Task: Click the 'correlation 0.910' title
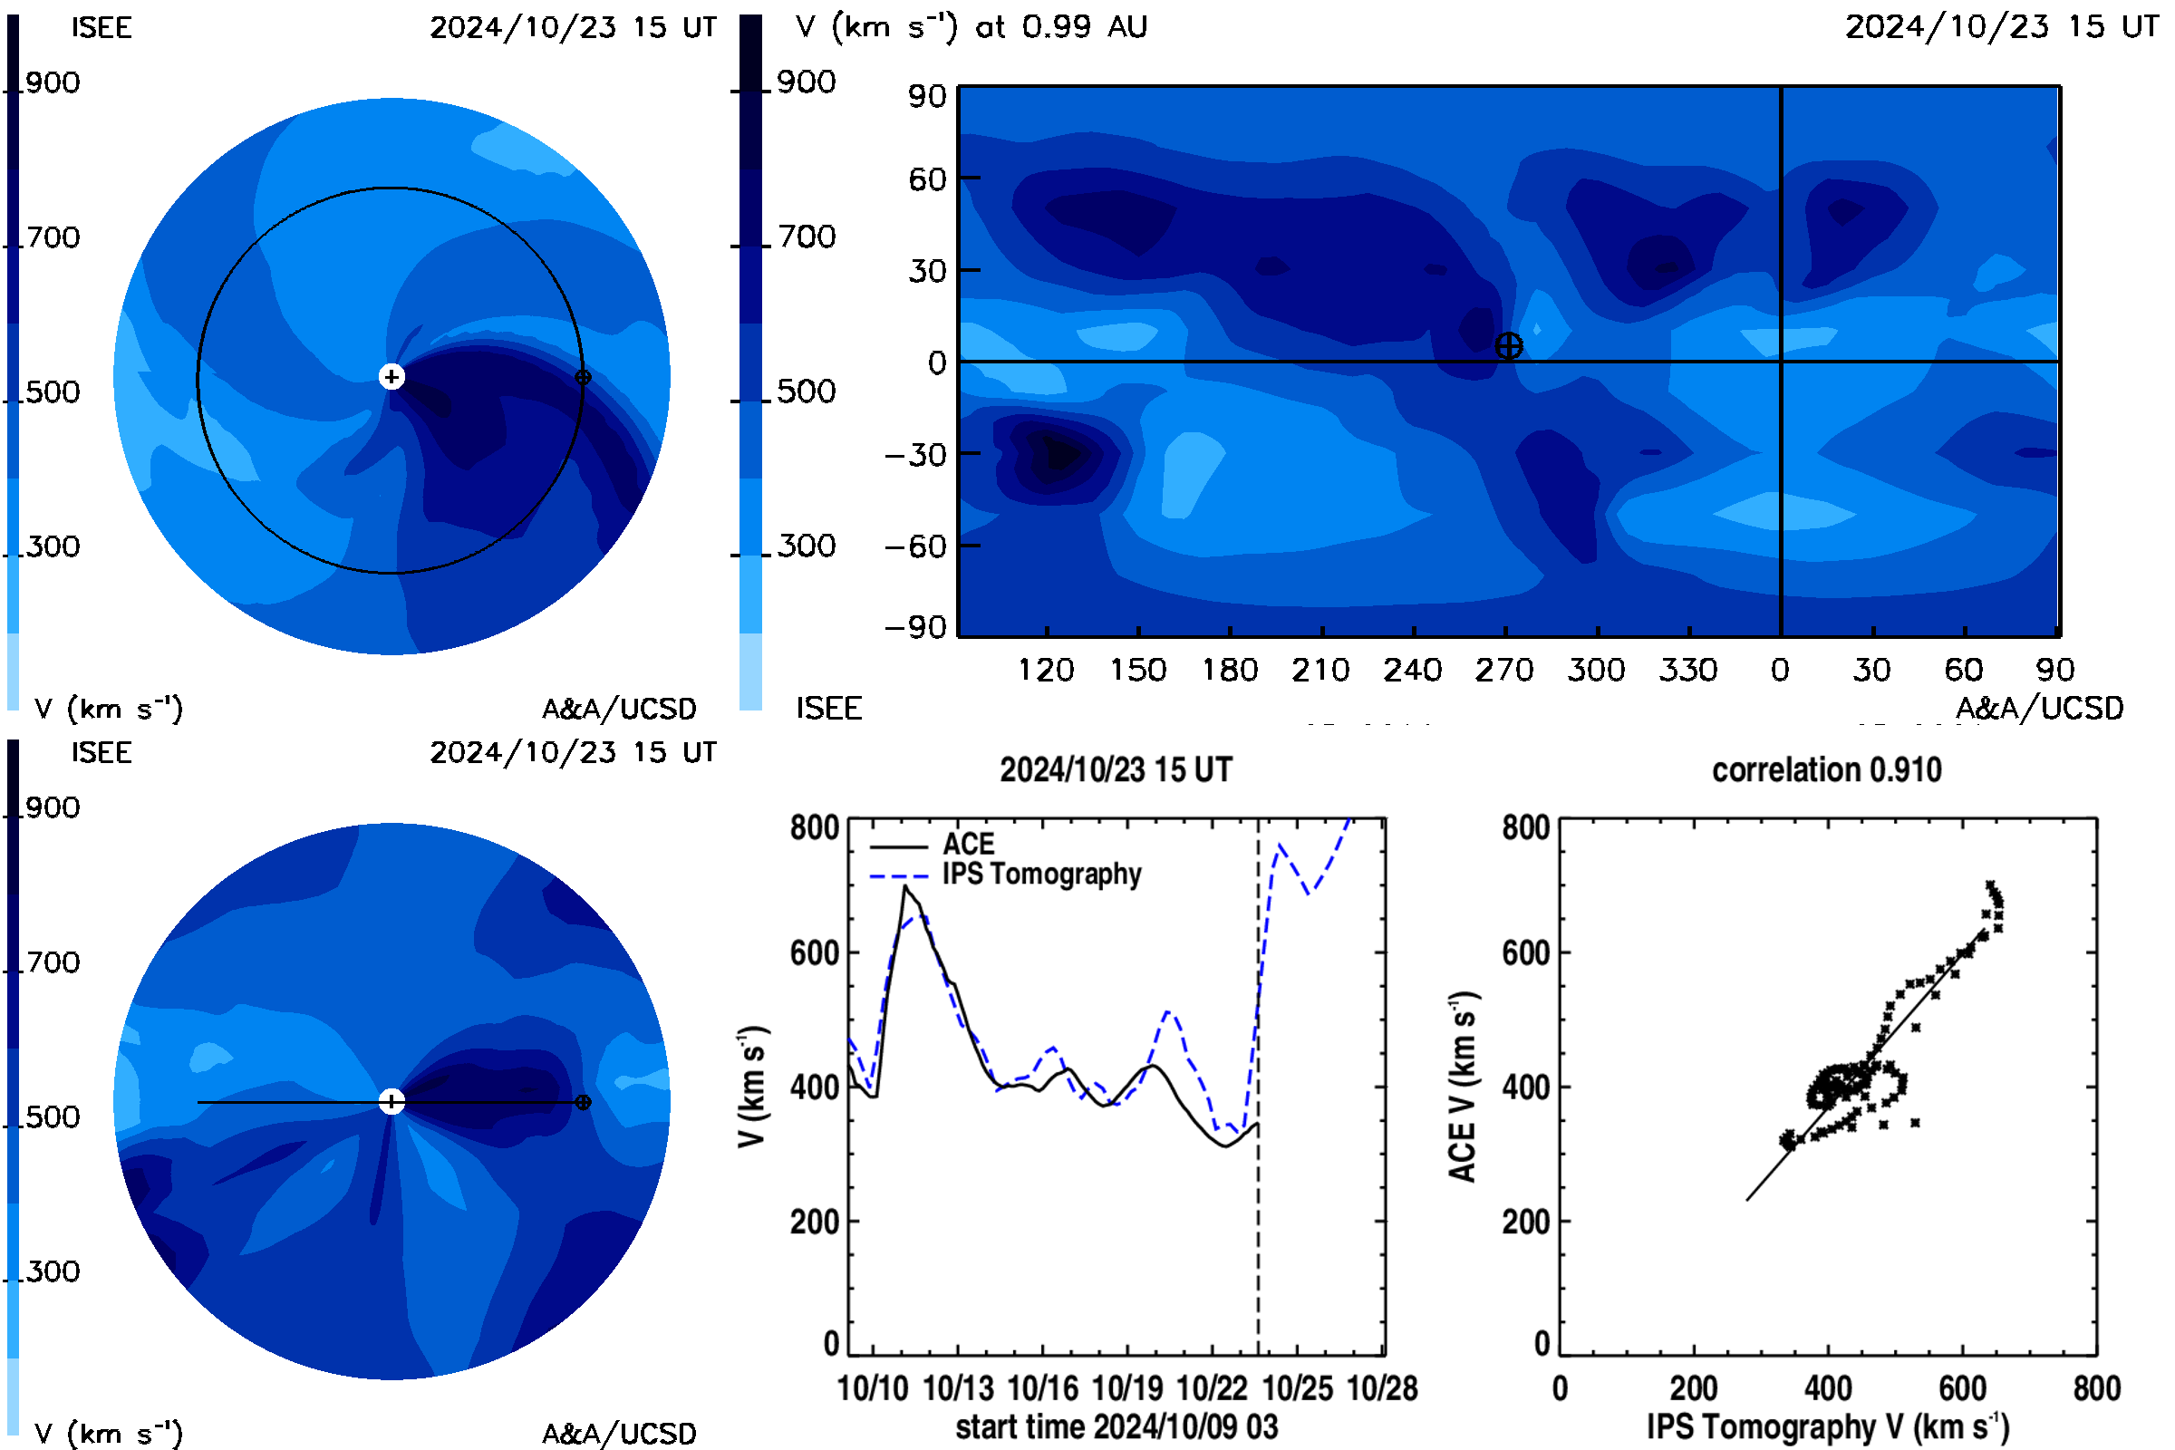pos(1826,770)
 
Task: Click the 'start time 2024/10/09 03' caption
pos(1117,1426)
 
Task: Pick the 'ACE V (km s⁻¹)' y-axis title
pos(1463,1087)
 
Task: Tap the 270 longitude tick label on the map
pos(1504,670)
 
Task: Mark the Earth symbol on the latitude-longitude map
pos(1508,346)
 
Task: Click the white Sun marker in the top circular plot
pos(392,376)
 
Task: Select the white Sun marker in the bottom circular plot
pos(392,1101)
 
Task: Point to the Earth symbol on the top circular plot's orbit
pos(583,377)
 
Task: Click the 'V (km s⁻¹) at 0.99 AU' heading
pos(971,27)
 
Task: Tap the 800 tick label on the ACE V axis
pos(1526,827)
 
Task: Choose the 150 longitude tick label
pos(1137,670)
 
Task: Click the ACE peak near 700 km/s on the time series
pos(905,886)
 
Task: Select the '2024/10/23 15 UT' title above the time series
pos(1116,770)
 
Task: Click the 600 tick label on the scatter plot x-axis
pos(1962,1389)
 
